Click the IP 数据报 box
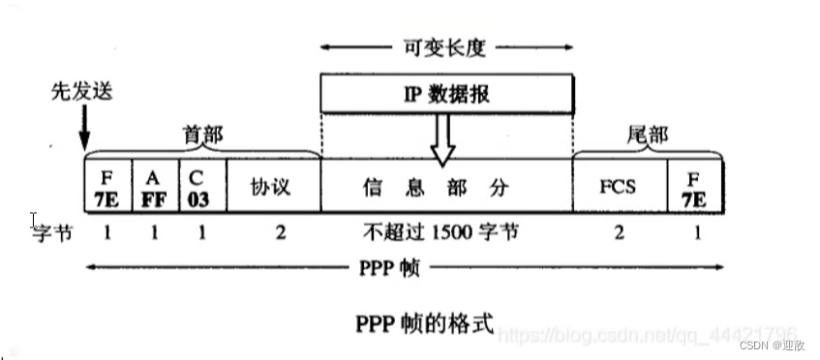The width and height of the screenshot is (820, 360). (446, 94)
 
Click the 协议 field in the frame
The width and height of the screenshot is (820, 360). (271, 185)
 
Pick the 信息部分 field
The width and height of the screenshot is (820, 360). (446, 185)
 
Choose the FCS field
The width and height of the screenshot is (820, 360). (619, 185)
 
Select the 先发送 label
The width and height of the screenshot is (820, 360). (82, 93)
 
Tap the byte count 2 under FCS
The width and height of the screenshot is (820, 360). (619, 233)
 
